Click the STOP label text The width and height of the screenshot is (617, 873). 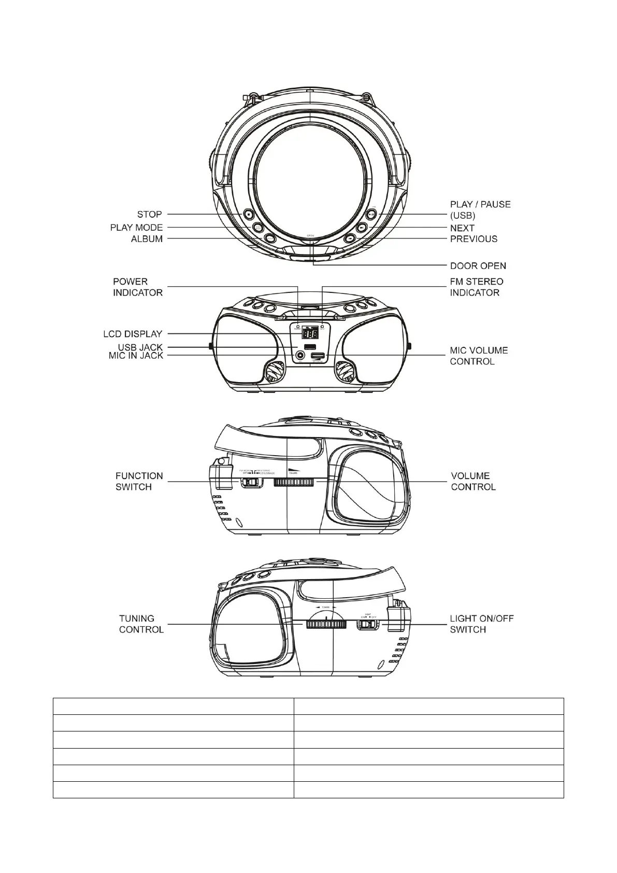[149, 214]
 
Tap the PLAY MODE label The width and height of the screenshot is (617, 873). [136, 228]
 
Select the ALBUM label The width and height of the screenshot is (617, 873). [147, 239]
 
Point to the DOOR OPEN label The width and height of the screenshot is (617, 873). [478, 266]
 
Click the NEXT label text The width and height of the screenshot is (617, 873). [462, 228]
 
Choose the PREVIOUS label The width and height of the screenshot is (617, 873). [473, 239]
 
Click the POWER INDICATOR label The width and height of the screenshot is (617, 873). [137, 287]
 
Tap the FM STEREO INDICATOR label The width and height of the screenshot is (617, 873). [476, 287]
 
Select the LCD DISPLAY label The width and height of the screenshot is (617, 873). [133, 334]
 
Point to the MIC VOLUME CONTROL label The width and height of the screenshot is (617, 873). [479, 356]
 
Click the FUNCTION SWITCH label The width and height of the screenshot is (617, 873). [139, 482]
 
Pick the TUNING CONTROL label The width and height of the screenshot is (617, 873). [141, 624]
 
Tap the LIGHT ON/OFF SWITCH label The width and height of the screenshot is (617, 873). [481, 624]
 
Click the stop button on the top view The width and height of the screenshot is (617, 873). [249, 214]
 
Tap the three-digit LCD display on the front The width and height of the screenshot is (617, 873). [310, 334]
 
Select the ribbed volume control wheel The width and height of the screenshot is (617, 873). [294, 483]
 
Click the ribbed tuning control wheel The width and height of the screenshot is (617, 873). [326, 625]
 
